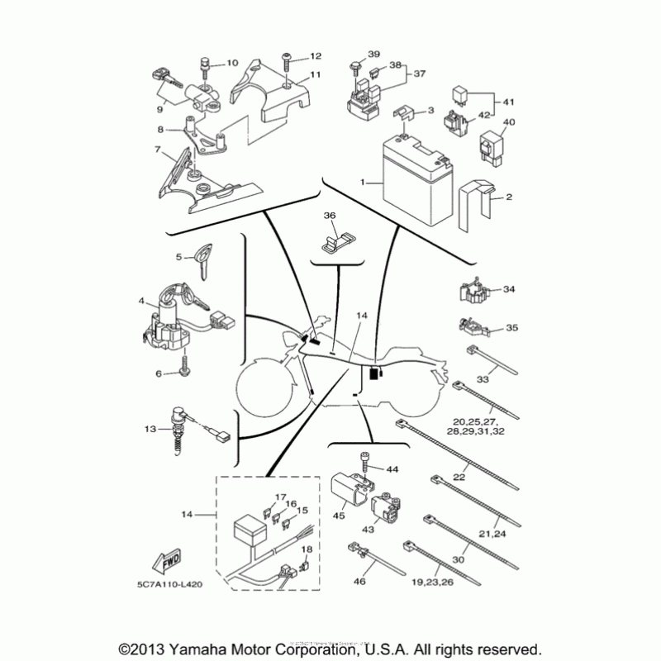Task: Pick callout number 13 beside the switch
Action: [x=150, y=429]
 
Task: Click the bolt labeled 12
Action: [x=286, y=60]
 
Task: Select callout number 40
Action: [x=509, y=122]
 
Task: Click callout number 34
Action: [x=509, y=290]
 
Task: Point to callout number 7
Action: [x=156, y=150]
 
